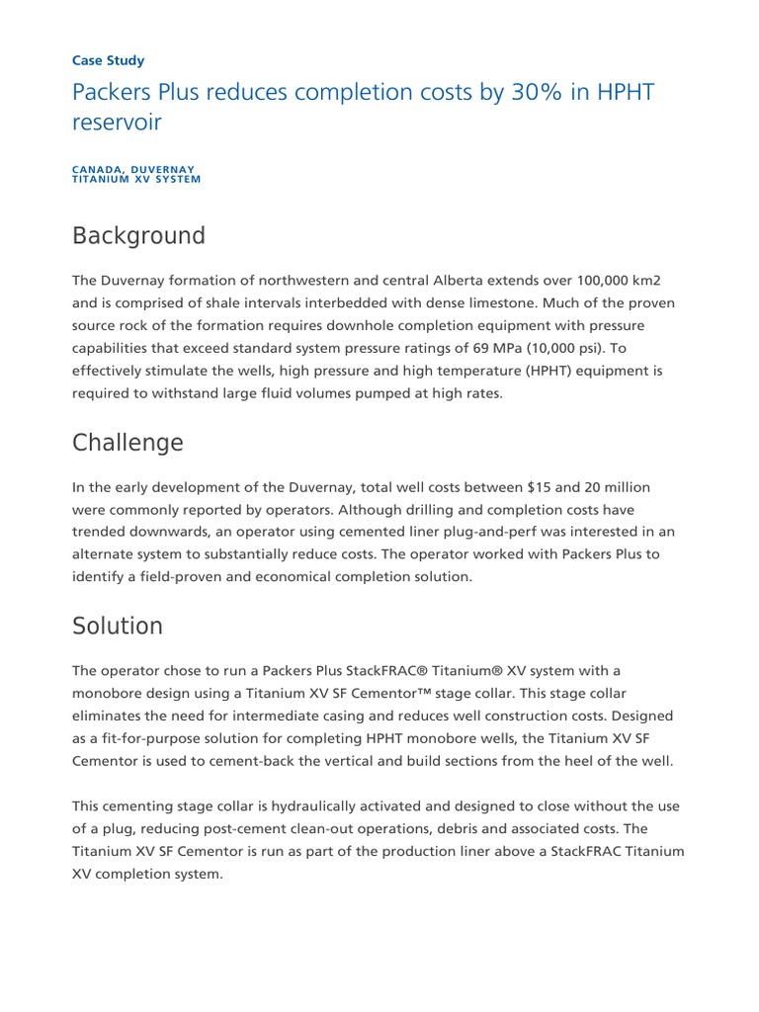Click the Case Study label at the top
[109, 60]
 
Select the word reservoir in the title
[117, 124]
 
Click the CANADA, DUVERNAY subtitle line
[133, 170]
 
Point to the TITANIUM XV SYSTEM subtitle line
[136, 180]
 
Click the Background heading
[138, 236]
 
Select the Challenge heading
[127, 443]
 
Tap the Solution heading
[118, 626]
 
